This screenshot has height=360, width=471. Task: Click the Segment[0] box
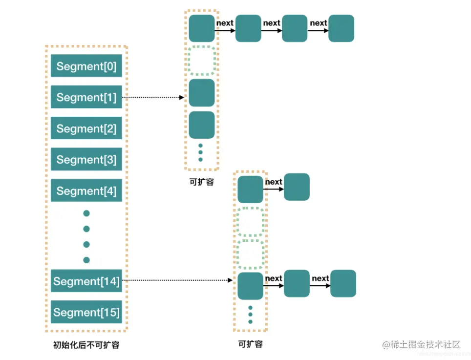click(x=86, y=66)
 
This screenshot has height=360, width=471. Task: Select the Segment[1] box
click(x=86, y=97)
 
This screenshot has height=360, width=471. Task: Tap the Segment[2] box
click(x=86, y=128)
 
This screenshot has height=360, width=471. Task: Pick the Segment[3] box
click(x=86, y=160)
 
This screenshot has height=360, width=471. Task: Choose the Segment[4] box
click(x=86, y=191)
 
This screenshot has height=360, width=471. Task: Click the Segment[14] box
click(x=86, y=281)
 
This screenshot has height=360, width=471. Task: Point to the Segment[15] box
click(x=86, y=312)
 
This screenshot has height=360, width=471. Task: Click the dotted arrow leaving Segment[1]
click(x=152, y=97)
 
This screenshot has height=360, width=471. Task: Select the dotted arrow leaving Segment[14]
click(x=176, y=280)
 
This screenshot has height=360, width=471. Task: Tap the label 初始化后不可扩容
click(x=86, y=345)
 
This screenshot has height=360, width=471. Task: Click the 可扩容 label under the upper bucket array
click(x=201, y=182)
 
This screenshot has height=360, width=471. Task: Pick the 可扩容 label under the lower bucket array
click(x=250, y=344)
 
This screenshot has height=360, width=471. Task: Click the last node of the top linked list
click(x=342, y=28)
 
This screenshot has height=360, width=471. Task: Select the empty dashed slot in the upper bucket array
click(x=202, y=61)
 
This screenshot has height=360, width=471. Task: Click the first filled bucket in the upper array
click(x=202, y=28)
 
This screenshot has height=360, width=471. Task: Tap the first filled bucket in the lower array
click(x=250, y=189)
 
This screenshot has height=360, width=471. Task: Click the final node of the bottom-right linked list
click(x=343, y=283)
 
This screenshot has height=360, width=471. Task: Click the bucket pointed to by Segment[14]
click(x=250, y=286)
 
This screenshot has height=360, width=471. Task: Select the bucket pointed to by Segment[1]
click(x=202, y=93)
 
